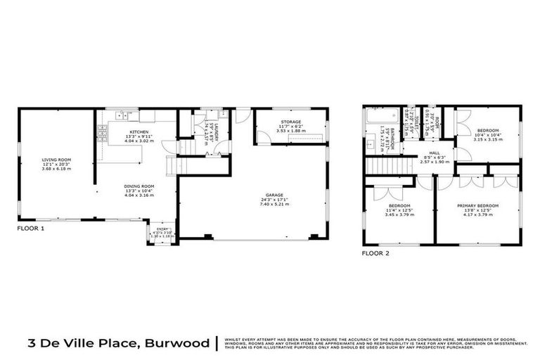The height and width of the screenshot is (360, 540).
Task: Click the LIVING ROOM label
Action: [56, 160]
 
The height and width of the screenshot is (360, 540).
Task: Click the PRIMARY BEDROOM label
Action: [477, 205]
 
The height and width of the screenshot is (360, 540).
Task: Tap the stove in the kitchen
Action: [103, 131]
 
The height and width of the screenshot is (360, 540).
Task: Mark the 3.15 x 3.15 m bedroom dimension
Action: [488, 139]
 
